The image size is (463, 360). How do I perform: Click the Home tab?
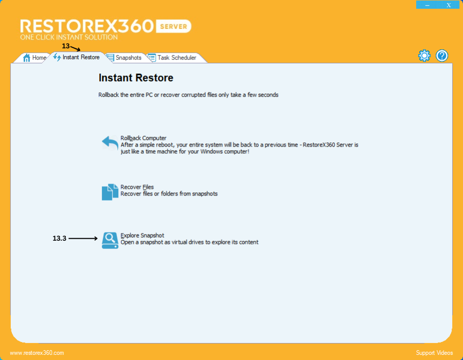coord(34,58)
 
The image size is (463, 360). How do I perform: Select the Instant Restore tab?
coord(77,57)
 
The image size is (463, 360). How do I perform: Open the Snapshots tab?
coord(123,58)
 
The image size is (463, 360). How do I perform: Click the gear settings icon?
coord(424,56)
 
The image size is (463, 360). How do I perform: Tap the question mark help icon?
coord(442,56)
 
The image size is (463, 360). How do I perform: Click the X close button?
coord(449,5)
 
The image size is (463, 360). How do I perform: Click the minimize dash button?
coord(428,5)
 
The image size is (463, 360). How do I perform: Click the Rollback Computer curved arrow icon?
coord(110,143)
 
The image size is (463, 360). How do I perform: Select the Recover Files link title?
coord(137,187)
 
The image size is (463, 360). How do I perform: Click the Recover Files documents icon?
coord(110,192)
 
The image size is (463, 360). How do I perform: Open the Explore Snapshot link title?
coord(143,236)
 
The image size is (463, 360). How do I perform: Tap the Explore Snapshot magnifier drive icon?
coord(110,240)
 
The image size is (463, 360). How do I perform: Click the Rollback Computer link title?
coord(143,138)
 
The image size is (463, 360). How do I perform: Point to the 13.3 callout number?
coord(59,239)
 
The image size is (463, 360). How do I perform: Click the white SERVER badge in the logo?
coord(174,27)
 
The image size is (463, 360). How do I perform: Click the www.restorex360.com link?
coord(37,353)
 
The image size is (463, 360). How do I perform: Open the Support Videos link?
coord(434,353)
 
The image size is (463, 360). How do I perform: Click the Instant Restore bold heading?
coord(136,78)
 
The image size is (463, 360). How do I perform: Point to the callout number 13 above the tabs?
coord(65,46)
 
